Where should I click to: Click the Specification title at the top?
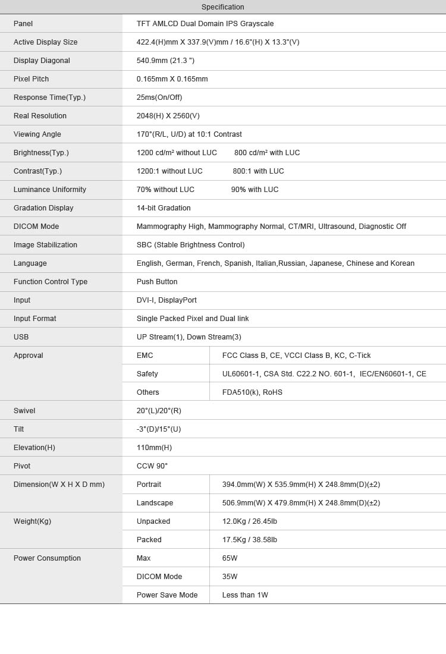(222, 7)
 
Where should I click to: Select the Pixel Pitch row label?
(32, 79)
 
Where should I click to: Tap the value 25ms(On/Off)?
(159, 98)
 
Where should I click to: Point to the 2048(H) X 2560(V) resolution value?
(168, 116)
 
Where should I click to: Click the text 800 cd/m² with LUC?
(267, 153)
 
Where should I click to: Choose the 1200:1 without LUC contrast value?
(169, 171)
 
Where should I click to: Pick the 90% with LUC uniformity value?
(255, 190)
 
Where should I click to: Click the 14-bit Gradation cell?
(164, 208)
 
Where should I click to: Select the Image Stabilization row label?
(45, 245)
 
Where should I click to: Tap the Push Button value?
(157, 282)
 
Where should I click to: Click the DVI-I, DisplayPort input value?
(167, 300)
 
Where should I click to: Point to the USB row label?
(21, 337)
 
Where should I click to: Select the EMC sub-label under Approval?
(145, 356)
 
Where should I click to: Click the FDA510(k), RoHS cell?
(252, 392)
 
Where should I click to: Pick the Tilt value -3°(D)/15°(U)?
(159, 429)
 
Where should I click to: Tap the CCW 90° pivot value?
(152, 466)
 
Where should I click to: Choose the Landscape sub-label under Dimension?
(155, 503)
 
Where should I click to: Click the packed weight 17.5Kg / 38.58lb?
(250, 540)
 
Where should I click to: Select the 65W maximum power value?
(230, 558)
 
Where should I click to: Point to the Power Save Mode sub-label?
(167, 595)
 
